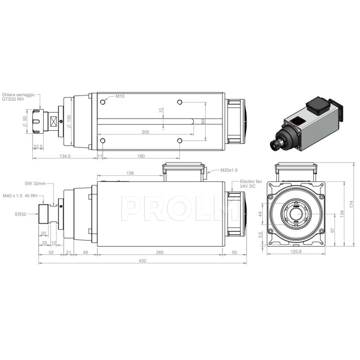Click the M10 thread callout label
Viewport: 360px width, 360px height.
coord(120,97)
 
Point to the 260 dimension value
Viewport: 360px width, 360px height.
coord(160,253)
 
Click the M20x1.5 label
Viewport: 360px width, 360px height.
coord(229,170)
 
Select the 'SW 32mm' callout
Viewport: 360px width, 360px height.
coord(35,184)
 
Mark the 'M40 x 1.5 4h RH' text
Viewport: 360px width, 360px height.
coord(20,196)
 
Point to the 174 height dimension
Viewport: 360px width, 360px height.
coord(352,205)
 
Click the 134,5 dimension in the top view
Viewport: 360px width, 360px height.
coord(65,156)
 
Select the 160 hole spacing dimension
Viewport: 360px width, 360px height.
coord(141,156)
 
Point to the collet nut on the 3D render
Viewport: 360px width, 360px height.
coord(277,145)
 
